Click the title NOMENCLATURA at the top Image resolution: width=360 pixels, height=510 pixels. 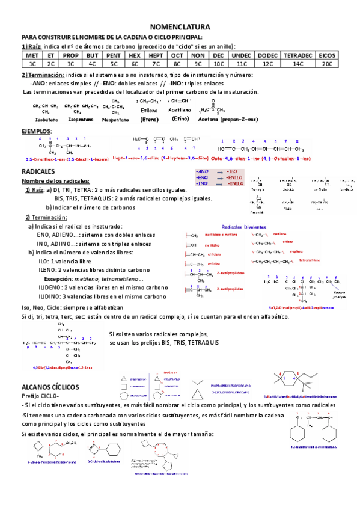point(180,27)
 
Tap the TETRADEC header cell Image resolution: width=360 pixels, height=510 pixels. point(297,54)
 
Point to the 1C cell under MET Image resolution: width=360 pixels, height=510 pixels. point(32,63)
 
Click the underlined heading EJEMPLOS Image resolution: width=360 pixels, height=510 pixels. point(36,131)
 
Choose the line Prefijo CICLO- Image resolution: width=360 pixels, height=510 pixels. point(41,396)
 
